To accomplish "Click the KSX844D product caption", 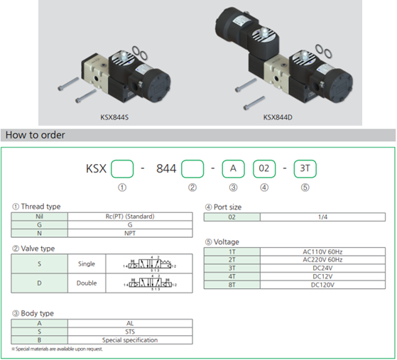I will tap(278, 118).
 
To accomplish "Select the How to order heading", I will tap(35, 135).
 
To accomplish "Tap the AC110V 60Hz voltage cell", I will tap(322, 252).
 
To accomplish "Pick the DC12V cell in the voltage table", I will tap(322, 277).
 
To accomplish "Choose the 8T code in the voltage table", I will tap(232, 285).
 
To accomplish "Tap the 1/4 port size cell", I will tap(322, 217).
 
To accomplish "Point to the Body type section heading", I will tap(33, 313).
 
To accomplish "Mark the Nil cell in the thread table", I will tap(40, 217).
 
